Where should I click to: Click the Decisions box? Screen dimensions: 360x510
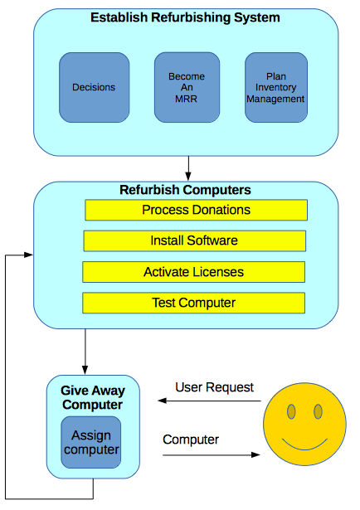click(x=94, y=88)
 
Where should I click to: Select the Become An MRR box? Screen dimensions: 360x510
click(x=187, y=88)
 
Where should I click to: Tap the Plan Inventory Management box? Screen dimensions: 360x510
click(x=275, y=88)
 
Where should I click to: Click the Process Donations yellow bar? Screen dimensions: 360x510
click(x=196, y=210)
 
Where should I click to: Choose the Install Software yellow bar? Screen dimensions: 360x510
click(x=194, y=241)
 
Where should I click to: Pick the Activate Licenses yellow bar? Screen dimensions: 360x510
click(x=194, y=272)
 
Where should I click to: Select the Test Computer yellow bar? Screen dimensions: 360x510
click(x=194, y=303)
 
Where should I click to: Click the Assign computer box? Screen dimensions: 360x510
click(x=91, y=442)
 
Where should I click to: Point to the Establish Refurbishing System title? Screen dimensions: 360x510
click(x=185, y=17)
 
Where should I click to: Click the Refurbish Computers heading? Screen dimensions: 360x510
click(x=185, y=190)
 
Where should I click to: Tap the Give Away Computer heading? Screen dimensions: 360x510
click(x=93, y=397)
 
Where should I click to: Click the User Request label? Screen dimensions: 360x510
click(x=214, y=387)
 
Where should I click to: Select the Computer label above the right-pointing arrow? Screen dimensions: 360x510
click(x=191, y=440)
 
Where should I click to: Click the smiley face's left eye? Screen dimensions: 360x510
click(x=291, y=411)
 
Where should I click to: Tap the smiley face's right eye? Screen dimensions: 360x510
click(x=318, y=411)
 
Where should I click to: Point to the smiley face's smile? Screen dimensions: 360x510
click(x=304, y=449)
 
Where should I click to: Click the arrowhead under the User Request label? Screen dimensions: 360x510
click(x=162, y=401)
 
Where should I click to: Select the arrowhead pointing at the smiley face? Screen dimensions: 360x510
click(x=256, y=454)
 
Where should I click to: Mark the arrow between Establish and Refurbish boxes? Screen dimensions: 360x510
click(x=188, y=168)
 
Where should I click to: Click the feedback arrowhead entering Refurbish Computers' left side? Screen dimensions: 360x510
click(x=29, y=255)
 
